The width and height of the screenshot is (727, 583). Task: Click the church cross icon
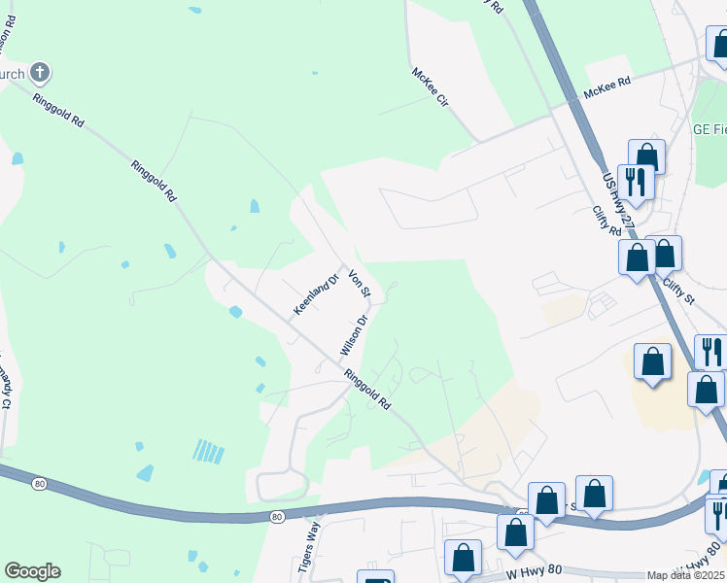click(39, 72)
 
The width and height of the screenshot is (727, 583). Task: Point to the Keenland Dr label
click(316, 294)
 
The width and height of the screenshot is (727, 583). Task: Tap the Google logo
click(32, 571)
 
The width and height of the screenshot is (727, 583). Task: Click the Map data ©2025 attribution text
click(685, 575)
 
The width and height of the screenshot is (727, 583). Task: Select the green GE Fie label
click(709, 129)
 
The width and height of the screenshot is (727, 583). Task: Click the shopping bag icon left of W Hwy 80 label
click(464, 558)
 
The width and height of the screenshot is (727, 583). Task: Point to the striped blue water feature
click(208, 451)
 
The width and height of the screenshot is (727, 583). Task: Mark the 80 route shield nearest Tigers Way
click(278, 516)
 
